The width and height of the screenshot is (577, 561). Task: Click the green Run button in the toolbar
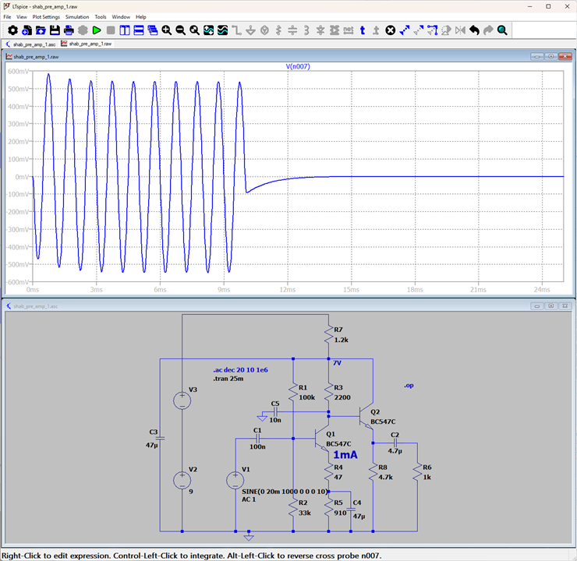tap(97, 30)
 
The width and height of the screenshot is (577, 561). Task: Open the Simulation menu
tap(77, 17)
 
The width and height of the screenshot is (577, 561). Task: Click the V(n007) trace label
tap(298, 66)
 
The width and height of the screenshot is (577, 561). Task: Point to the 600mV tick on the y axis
tap(18, 72)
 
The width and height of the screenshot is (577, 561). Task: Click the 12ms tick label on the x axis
tap(288, 290)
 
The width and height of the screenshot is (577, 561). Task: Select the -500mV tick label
tap(18, 264)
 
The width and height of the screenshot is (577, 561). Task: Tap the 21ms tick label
tap(478, 290)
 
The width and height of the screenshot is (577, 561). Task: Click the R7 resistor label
tap(338, 330)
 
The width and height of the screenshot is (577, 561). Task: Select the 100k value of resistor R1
tap(306, 397)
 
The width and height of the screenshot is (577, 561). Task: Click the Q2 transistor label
tap(375, 412)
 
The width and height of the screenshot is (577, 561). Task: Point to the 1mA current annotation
tap(345, 455)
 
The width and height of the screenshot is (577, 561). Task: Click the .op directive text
tap(409, 386)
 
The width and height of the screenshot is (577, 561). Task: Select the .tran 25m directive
tap(228, 379)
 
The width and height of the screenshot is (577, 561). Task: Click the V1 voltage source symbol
tap(235, 480)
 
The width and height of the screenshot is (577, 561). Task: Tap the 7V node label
tap(337, 363)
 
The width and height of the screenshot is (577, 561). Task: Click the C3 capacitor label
tap(154, 432)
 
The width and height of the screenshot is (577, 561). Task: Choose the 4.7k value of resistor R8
tap(385, 477)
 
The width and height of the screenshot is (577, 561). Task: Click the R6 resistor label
tap(427, 467)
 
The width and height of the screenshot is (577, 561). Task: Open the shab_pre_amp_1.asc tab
tap(30, 44)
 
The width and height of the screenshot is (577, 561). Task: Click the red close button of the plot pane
tap(565, 57)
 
